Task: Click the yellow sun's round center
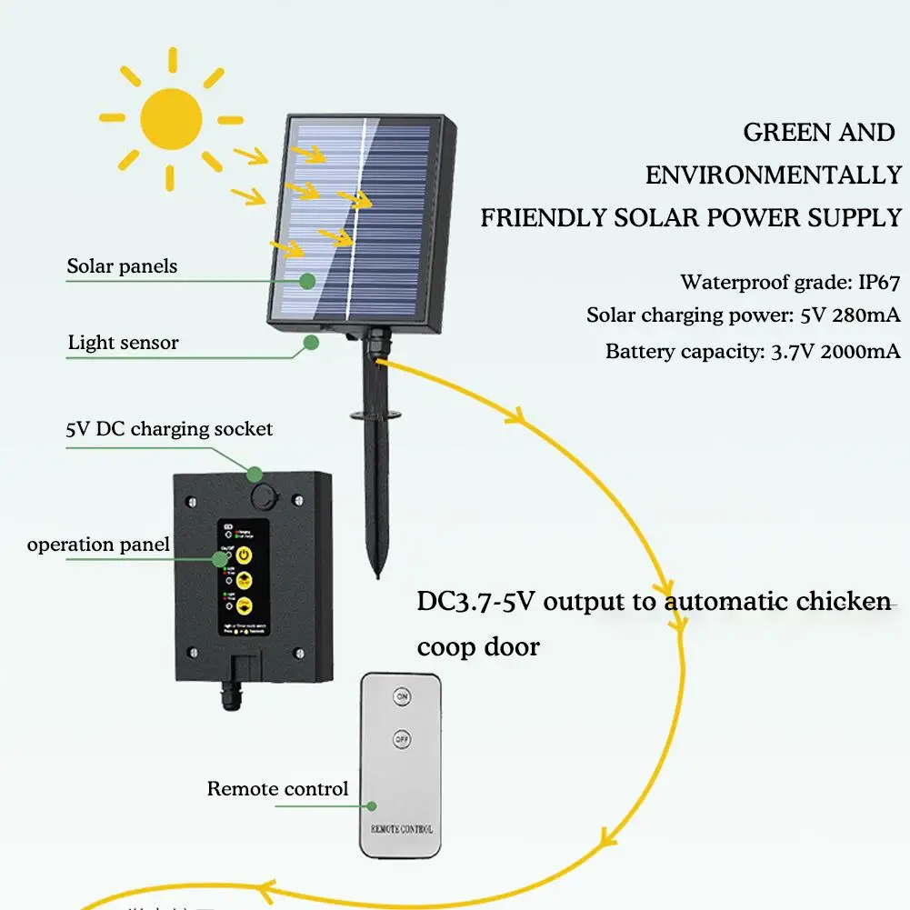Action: pyautogui.click(x=171, y=118)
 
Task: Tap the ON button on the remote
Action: pyautogui.click(x=401, y=697)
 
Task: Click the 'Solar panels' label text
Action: pyautogui.click(x=122, y=266)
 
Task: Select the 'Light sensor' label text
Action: pyautogui.click(x=123, y=343)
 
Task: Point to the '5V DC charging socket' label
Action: pyautogui.click(x=168, y=428)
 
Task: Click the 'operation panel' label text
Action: pyautogui.click(x=98, y=545)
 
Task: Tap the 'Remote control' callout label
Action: pyautogui.click(x=277, y=788)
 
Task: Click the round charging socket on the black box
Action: pyautogui.click(x=265, y=496)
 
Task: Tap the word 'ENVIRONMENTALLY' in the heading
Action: pyautogui.click(x=773, y=175)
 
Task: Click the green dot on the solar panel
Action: pyautogui.click(x=308, y=281)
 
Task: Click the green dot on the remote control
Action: pyautogui.click(x=370, y=805)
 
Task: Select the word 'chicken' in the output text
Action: pyautogui.click(x=843, y=602)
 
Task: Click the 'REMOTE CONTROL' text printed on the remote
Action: pyautogui.click(x=401, y=829)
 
